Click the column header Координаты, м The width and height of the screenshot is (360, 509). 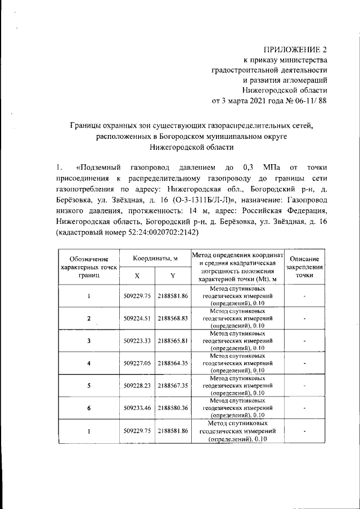point(155,258)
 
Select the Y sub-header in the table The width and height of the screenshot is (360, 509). point(173,276)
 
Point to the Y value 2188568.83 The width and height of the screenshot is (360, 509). point(173,318)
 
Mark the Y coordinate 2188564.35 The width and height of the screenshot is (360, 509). point(173,363)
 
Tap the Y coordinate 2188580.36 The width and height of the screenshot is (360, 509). point(173,408)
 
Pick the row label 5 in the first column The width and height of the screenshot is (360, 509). point(89,386)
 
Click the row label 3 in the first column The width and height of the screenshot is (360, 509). point(89,341)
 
